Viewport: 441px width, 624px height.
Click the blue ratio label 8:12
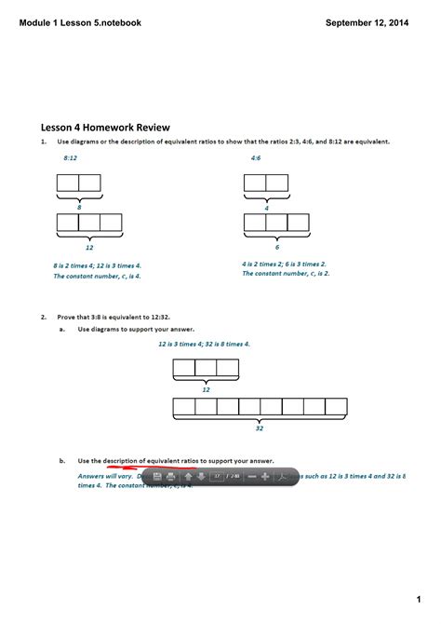[x=70, y=159]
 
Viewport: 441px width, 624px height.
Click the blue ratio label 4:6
[x=256, y=159]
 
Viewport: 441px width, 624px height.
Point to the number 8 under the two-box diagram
[x=79, y=208]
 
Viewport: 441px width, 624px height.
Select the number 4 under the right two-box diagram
[x=266, y=208]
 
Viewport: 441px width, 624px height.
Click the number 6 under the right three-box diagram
[x=276, y=247]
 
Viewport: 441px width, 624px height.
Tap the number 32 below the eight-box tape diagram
[x=260, y=428]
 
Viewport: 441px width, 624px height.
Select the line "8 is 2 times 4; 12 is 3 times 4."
[x=97, y=265]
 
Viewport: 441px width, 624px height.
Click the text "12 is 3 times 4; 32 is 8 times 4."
[x=204, y=343]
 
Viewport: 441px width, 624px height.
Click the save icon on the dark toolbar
[x=157, y=476]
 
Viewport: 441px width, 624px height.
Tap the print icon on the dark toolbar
[x=170, y=476]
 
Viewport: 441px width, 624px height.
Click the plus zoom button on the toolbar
[x=265, y=476]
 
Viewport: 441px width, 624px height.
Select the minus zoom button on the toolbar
[x=251, y=476]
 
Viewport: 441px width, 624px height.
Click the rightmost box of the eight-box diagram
[x=336, y=406]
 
